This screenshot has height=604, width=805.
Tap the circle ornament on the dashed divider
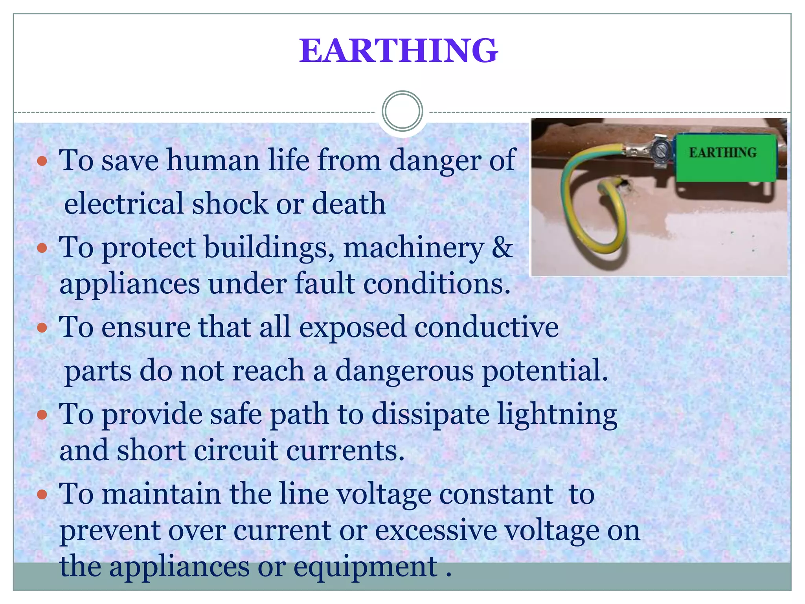[x=402, y=111]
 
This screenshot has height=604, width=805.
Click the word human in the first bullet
[x=213, y=160]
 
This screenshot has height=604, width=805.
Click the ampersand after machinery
[x=502, y=248]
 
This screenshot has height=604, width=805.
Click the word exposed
[x=352, y=327]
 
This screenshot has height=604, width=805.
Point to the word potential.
[x=544, y=371]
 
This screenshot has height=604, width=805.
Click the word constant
[x=496, y=494]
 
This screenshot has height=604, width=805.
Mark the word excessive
[x=436, y=530]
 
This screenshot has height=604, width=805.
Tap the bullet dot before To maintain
[x=42, y=494]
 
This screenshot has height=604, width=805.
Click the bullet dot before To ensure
[x=42, y=328]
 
